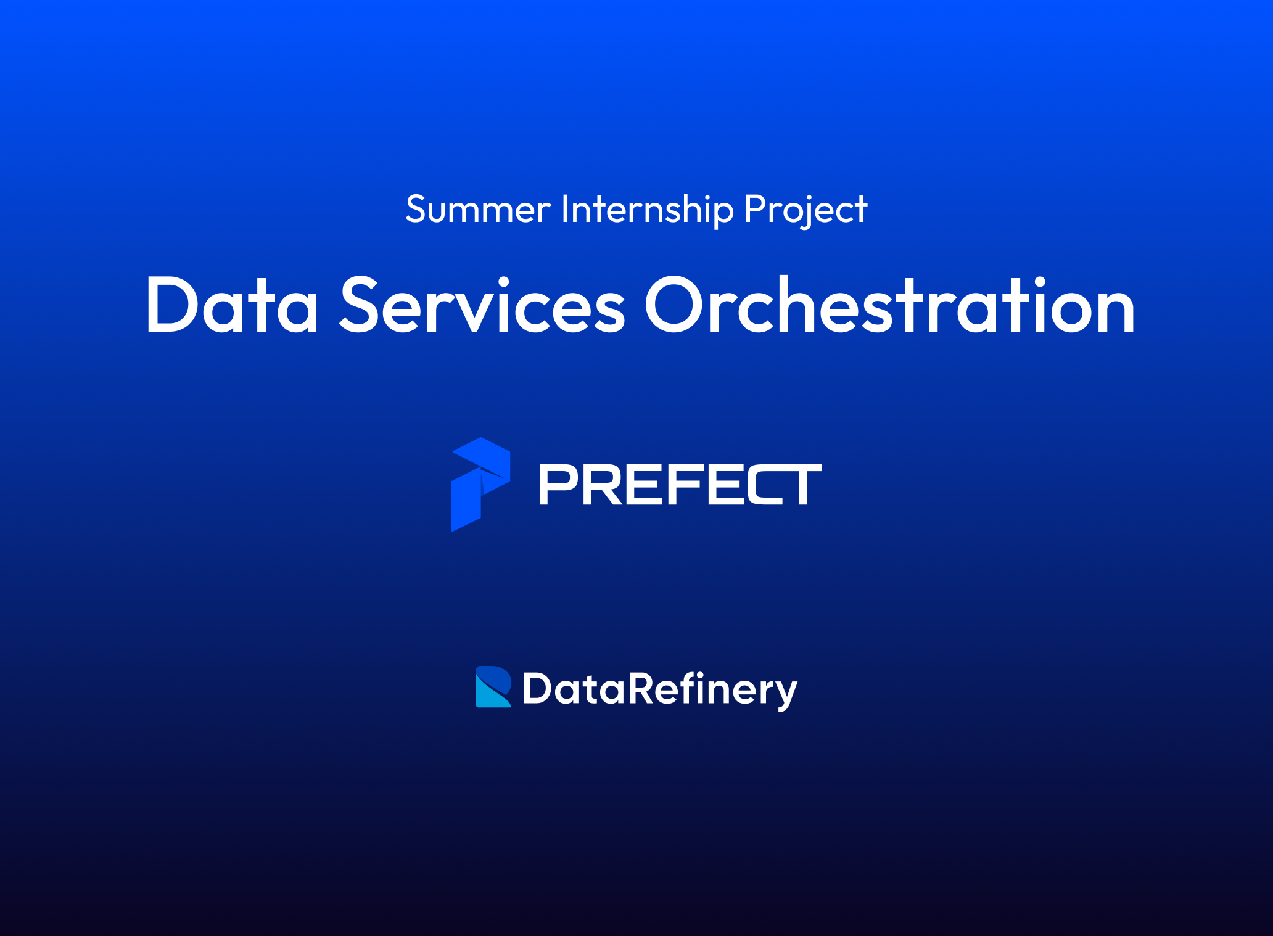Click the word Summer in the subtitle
478,210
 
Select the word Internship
647,210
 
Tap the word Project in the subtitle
805,210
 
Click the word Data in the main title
232,306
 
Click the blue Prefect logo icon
480,484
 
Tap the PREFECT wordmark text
680,485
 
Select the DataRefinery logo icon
493,686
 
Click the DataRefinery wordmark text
660,689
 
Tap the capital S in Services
359,306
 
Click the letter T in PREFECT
802,485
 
